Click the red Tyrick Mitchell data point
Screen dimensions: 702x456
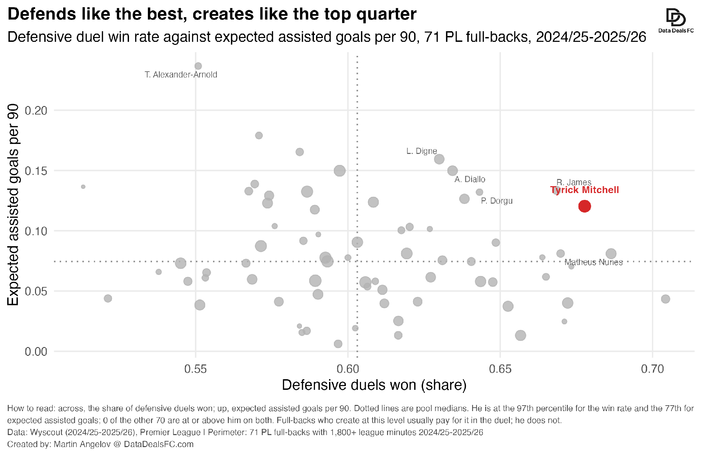click(x=584, y=206)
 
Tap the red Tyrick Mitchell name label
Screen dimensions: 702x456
click(x=584, y=190)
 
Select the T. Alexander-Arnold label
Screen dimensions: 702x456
click(x=181, y=75)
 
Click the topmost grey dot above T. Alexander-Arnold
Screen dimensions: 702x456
click(x=198, y=66)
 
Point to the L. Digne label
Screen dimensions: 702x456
click(x=422, y=151)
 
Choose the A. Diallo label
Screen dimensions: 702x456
click(x=470, y=179)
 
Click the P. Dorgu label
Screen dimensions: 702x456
click(x=496, y=201)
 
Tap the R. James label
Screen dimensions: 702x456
click(x=574, y=182)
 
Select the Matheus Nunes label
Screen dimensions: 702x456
click(x=594, y=262)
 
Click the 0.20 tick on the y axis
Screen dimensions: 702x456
click(x=36, y=110)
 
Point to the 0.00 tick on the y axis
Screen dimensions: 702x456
click(x=36, y=351)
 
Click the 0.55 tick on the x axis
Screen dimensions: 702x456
click(x=196, y=369)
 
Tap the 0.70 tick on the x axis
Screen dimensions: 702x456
click(x=653, y=369)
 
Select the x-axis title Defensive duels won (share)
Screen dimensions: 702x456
click(x=374, y=385)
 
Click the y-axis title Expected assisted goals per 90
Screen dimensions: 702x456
click(x=13, y=205)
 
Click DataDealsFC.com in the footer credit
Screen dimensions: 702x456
click(x=159, y=444)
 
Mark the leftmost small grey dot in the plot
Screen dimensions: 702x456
click(x=83, y=187)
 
